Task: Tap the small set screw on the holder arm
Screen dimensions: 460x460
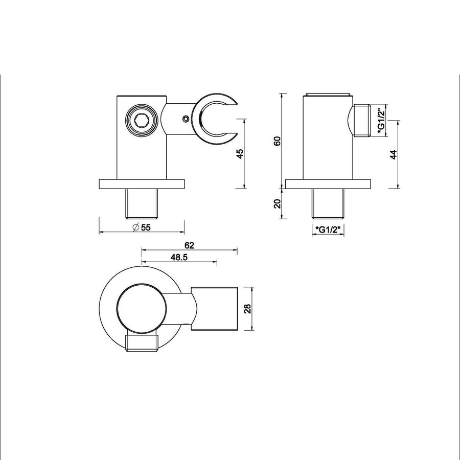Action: point(185,119)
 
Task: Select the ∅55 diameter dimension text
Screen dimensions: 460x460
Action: point(141,228)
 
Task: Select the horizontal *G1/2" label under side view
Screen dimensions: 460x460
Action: point(328,228)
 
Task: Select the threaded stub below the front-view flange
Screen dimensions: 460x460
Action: point(141,203)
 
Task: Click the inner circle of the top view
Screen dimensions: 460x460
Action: point(141,307)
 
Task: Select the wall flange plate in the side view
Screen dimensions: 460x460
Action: point(328,184)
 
